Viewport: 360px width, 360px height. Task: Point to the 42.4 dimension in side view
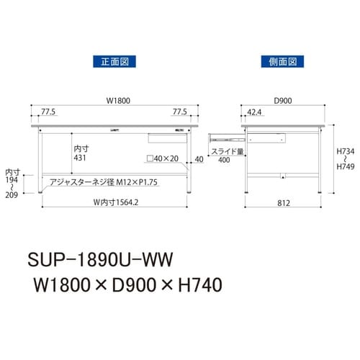[x=253, y=112]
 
